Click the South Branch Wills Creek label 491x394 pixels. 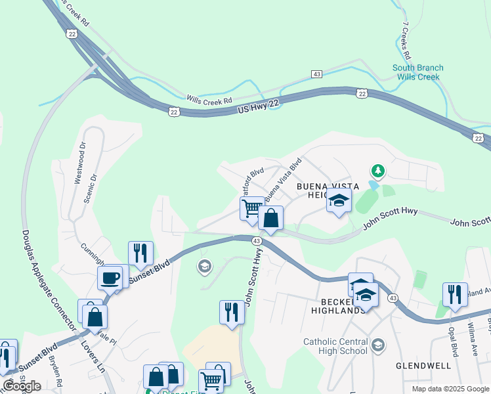click(417, 72)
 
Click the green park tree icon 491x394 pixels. click(377, 171)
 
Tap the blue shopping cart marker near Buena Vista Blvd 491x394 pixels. click(252, 209)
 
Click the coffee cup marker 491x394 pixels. click(110, 278)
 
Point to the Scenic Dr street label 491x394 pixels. click(91, 190)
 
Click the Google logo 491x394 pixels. click(22, 386)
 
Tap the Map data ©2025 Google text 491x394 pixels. click(450, 389)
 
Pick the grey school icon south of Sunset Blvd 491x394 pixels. click(204, 266)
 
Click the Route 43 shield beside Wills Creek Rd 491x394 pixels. click(317, 74)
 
